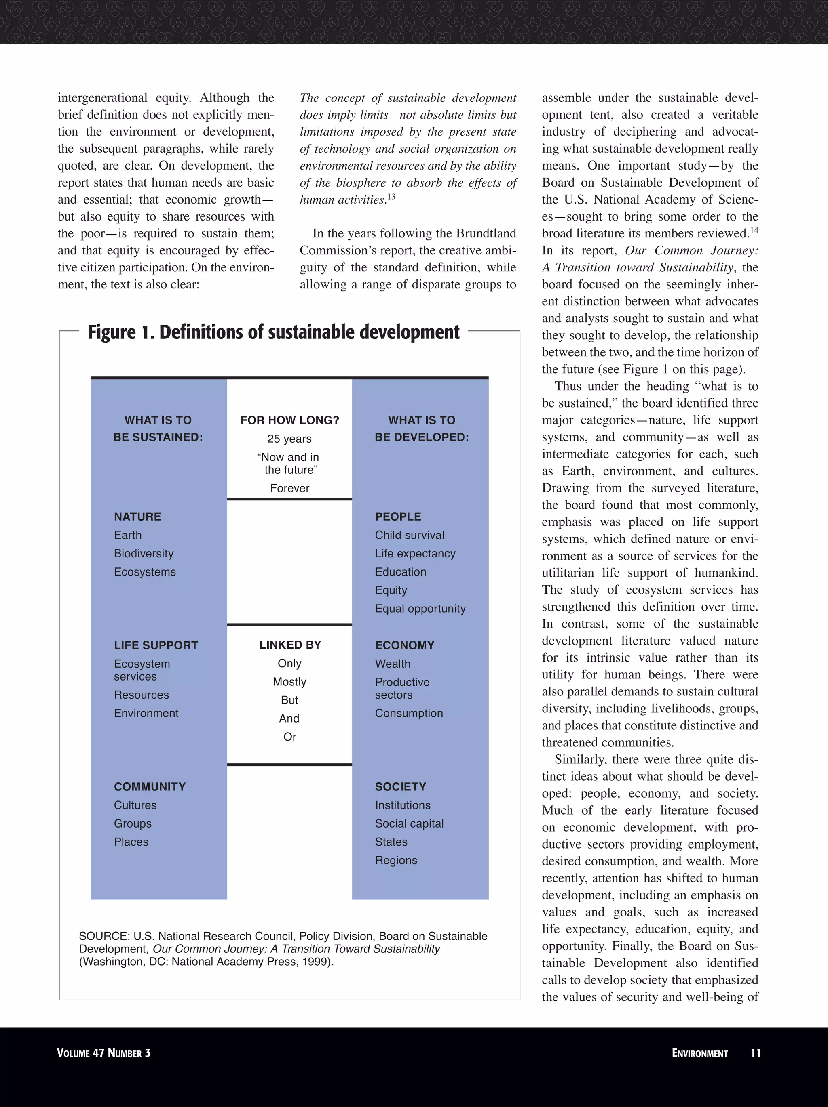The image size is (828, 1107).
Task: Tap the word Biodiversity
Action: [x=144, y=553]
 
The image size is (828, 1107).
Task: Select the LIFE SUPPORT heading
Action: [x=156, y=645]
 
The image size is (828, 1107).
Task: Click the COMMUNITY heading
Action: [x=150, y=787]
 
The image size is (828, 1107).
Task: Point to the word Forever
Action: [x=289, y=488]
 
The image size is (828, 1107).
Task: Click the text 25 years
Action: [x=289, y=439]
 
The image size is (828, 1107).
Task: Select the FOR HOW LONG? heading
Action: [x=289, y=420]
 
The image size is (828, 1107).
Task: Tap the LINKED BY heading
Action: [x=289, y=645]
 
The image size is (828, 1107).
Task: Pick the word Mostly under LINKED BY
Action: [x=289, y=682]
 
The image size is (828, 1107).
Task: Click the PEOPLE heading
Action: [x=398, y=517]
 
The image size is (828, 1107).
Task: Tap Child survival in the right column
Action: [x=409, y=535]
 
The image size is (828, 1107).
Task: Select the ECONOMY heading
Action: [x=404, y=645]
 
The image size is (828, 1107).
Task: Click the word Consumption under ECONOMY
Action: [x=409, y=713]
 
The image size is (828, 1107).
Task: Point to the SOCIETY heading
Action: [x=400, y=787]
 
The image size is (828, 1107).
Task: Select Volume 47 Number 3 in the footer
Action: [x=103, y=1053]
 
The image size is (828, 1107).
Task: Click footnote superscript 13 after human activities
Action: [x=391, y=196]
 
